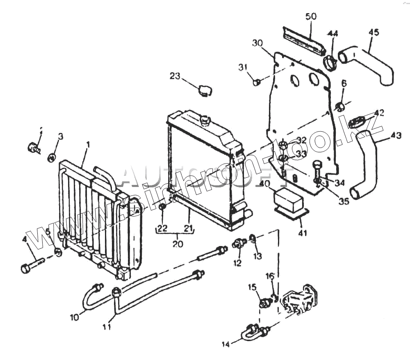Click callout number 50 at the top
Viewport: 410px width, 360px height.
tap(311, 17)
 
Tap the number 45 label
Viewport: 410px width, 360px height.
tap(374, 32)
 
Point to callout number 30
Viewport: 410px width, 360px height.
tap(257, 43)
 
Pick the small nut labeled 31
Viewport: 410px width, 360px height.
tap(257, 82)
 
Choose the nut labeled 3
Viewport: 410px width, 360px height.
tap(52, 157)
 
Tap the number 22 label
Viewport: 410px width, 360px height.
tap(163, 228)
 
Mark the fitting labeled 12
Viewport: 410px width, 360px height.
tap(238, 244)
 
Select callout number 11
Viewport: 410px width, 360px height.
tap(107, 327)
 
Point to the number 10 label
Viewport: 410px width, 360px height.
tap(74, 317)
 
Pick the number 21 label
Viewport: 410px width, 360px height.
tap(189, 228)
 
